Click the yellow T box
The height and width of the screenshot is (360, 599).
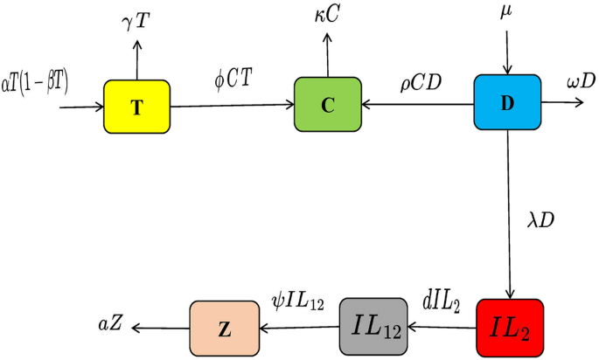coord(137,107)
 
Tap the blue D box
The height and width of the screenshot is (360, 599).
coord(507,102)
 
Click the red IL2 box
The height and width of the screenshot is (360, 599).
coord(510,327)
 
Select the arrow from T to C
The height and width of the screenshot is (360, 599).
coord(232,107)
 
